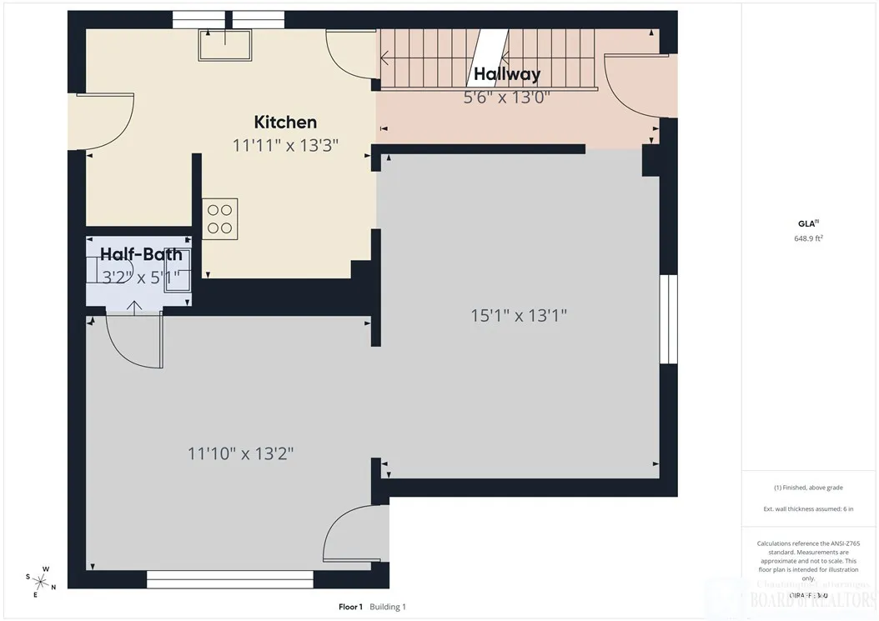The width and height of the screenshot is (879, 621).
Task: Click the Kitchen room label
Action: (x=285, y=122)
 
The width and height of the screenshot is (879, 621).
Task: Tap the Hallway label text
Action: (x=507, y=74)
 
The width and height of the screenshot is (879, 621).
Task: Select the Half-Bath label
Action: (x=141, y=254)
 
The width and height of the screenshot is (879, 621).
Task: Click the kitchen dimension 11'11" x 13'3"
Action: (x=285, y=145)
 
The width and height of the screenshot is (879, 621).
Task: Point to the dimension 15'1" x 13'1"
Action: (x=519, y=316)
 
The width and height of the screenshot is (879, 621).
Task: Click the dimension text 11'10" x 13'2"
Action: (x=240, y=453)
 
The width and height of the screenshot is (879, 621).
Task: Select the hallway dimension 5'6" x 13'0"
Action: (x=507, y=97)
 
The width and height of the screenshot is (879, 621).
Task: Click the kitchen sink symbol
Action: (x=224, y=44)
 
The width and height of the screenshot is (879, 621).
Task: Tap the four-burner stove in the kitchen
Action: (x=220, y=218)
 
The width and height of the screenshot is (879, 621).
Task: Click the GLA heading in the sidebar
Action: (x=806, y=223)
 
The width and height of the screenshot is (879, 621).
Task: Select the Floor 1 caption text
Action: (x=350, y=607)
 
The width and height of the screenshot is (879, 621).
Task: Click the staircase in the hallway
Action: (x=488, y=58)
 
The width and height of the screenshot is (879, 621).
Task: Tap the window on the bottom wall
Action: (x=229, y=579)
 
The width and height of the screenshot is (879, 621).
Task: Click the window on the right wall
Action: (x=668, y=319)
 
